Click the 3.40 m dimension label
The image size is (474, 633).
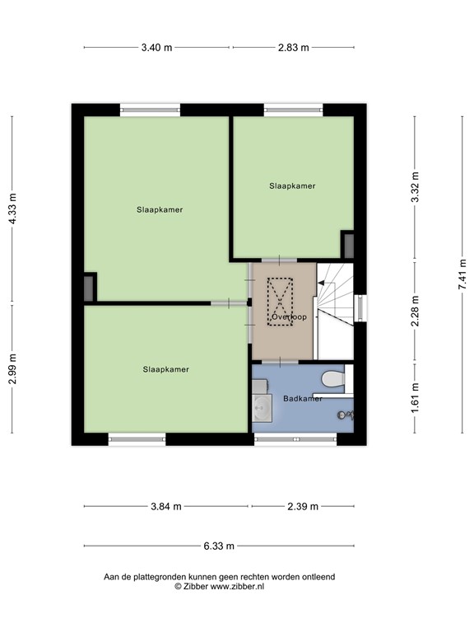click(x=156, y=47)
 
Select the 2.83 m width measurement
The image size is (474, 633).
click(x=293, y=47)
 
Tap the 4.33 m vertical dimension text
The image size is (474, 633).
click(x=12, y=209)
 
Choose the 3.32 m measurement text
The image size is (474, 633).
click(x=415, y=188)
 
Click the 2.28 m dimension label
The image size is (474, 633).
click(x=415, y=312)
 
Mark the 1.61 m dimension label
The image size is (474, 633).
click(x=415, y=398)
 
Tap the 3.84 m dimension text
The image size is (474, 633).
click(x=165, y=506)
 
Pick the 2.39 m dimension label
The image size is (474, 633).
click(x=302, y=506)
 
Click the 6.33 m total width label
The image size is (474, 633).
click(x=219, y=546)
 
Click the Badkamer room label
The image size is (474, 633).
click(x=302, y=399)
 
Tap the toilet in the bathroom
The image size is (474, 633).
click(x=333, y=379)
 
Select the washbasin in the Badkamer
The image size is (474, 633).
click(x=263, y=406)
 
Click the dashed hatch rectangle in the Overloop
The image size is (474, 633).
click(x=281, y=302)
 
